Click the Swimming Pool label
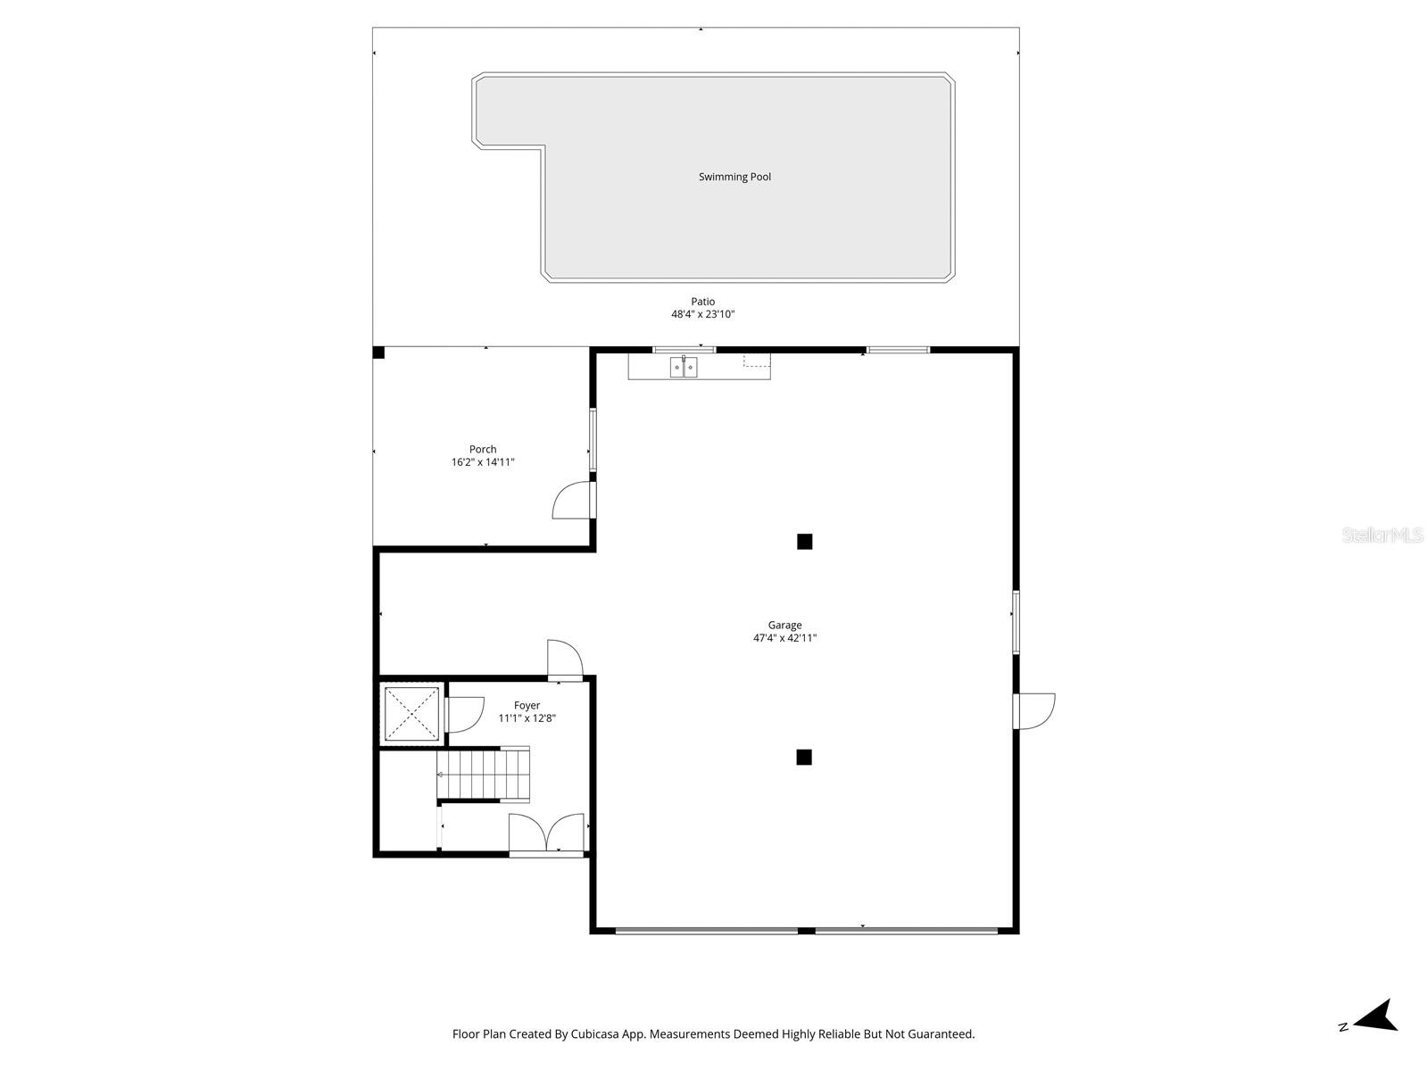point(734,177)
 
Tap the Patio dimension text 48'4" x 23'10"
point(702,314)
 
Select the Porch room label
point(483,449)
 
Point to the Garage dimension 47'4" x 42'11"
point(784,638)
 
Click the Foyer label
point(527,705)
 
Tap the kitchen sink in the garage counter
point(684,367)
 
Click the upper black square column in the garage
point(804,541)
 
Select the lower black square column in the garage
point(804,757)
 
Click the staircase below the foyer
point(483,774)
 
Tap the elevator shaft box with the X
point(411,711)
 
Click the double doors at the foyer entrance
point(546,834)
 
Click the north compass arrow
point(1376,1016)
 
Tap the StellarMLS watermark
point(1382,535)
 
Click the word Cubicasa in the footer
point(597,1034)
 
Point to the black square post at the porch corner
point(378,353)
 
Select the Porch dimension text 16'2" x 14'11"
point(483,462)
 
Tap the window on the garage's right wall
point(1016,621)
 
